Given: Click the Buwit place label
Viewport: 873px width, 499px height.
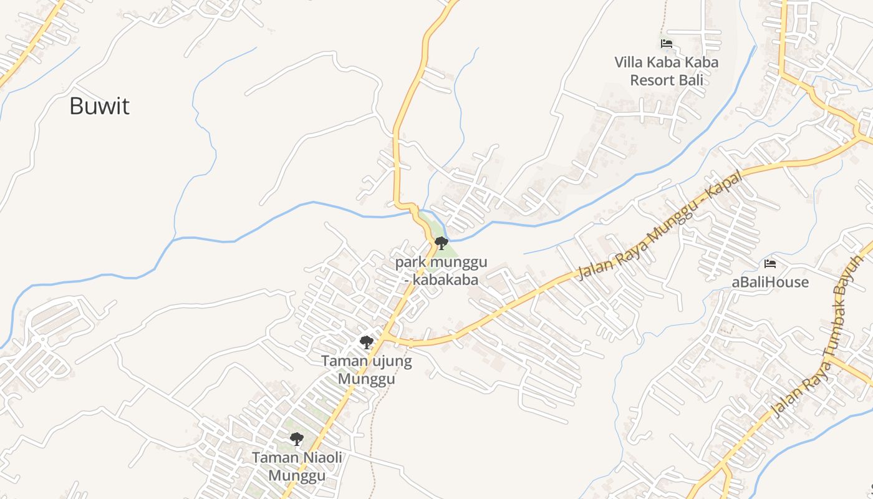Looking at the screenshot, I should (x=99, y=106).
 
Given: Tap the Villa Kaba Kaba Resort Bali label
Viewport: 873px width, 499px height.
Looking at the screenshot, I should (x=666, y=71).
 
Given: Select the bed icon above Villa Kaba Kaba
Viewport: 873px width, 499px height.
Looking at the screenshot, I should (x=666, y=44).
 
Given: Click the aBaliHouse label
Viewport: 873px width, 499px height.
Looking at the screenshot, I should (x=770, y=282).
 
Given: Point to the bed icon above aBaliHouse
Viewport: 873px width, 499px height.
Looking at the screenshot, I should (x=770, y=264).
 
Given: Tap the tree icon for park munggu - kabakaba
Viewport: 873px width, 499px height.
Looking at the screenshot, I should (x=441, y=243).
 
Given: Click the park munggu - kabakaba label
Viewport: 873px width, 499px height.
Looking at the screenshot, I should (x=441, y=271).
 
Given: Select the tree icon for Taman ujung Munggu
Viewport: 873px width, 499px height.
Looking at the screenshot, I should (x=367, y=342).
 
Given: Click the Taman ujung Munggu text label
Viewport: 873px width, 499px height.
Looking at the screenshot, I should (x=367, y=369).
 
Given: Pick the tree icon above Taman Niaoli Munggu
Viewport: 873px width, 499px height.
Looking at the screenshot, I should (x=297, y=439).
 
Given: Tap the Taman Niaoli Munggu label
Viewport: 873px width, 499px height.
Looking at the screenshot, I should (x=297, y=467).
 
